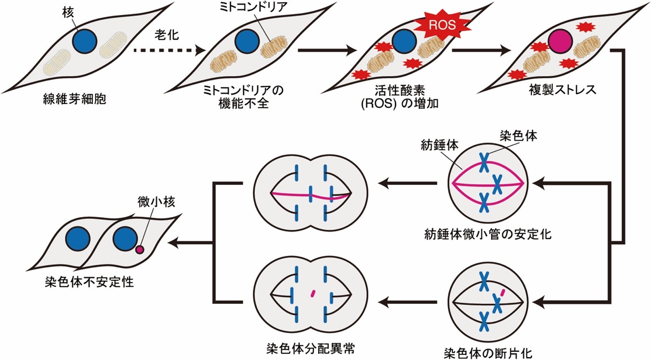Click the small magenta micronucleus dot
(x=140, y=249)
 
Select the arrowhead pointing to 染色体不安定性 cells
(x=174, y=243)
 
